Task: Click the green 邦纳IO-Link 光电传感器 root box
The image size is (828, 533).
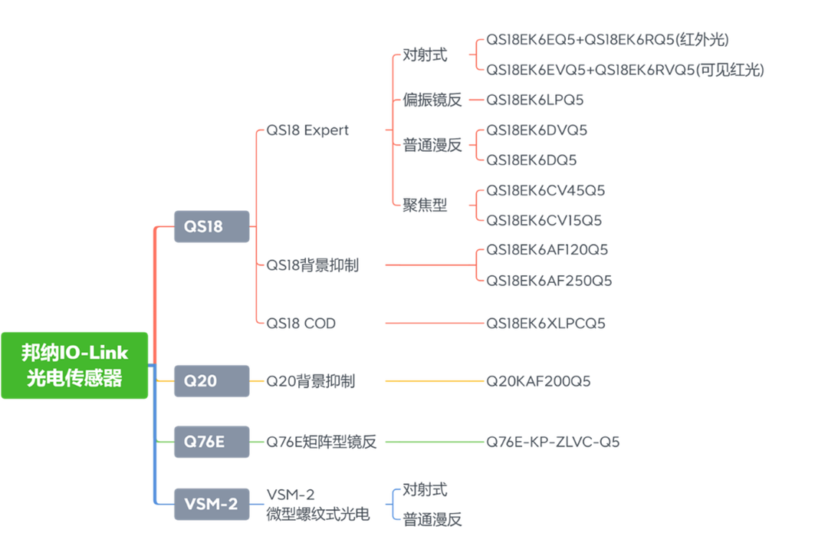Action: tap(74, 365)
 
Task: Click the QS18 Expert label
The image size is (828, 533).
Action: tap(307, 130)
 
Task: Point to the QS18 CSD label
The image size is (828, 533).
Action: tap(301, 323)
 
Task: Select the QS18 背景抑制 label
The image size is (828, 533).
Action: tap(312, 265)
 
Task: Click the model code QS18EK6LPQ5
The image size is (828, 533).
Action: tap(535, 100)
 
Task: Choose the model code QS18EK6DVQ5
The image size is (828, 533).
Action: tap(536, 130)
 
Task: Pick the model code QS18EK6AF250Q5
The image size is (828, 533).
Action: tap(548, 280)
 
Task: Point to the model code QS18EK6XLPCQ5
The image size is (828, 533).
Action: tap(546, 323)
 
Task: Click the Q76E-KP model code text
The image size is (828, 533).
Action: tap(552, 442)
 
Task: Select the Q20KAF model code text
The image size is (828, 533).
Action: tap(538, 381)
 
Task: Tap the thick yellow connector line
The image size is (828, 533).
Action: tap(433, 381)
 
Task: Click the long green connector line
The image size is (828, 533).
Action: tap(433, 442)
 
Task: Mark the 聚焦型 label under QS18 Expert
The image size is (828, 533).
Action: tap(426, 205)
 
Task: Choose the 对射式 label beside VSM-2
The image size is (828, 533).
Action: tap(426, 489)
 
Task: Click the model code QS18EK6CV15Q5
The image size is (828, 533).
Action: tap(544, 220)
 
